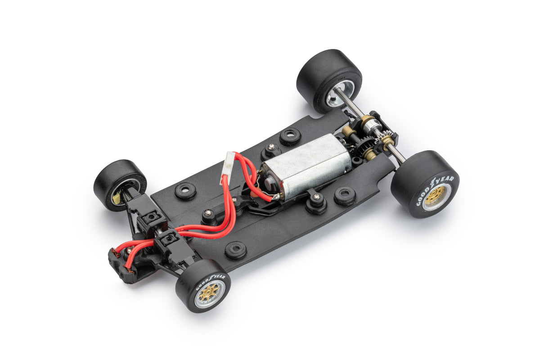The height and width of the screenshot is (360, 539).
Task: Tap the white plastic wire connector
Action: pyautogui.click(x=229, y=163)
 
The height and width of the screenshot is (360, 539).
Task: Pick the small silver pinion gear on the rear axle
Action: pyautogui.click(x=382, y=136)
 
